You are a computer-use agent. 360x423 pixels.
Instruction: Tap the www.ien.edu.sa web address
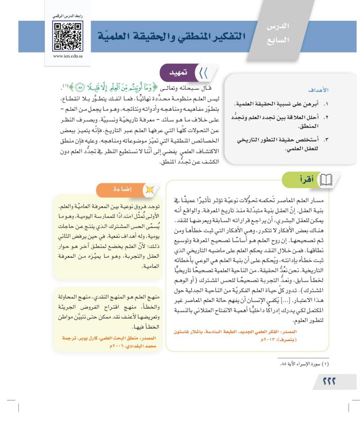point(67,57)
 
